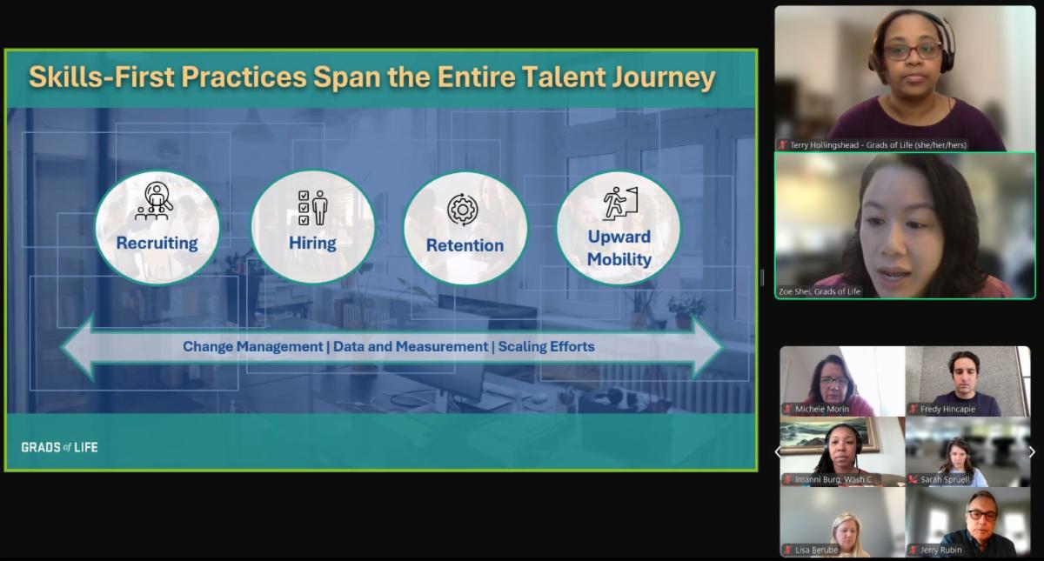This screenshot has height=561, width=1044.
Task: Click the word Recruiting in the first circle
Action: (157, 244)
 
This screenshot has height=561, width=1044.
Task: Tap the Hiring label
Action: (312, 244)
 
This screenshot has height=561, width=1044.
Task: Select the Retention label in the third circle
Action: (465, 245)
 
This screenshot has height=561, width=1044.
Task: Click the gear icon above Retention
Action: (462, 210)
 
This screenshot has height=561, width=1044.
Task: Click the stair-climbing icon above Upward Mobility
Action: (619, 204)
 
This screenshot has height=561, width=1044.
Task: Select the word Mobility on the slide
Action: (619, 259)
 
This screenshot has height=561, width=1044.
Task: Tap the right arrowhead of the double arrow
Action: (707, 347)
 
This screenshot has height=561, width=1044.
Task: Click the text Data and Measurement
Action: (411, 347)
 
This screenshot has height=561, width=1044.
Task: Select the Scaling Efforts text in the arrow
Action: (546, 347)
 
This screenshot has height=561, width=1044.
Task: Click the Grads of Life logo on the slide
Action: (60, 447)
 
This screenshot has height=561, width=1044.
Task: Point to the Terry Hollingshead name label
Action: (878, 145)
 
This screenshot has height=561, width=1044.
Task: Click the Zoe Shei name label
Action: (820, 291)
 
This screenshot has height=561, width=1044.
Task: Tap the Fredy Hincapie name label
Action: (947, 409)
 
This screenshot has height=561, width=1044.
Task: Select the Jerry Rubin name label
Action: (940, 550)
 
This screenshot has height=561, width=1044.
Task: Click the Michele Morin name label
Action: (821, 409)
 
